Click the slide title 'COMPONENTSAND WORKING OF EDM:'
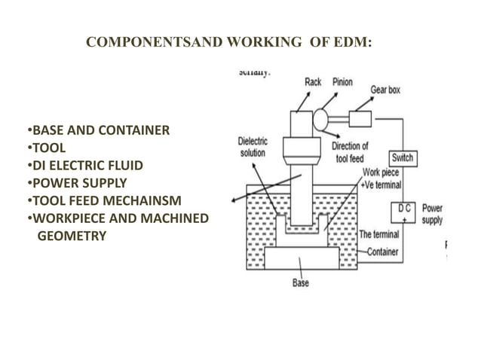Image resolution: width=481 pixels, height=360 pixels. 229,43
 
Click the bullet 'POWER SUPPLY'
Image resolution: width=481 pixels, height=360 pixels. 78,183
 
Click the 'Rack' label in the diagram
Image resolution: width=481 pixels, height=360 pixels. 313,82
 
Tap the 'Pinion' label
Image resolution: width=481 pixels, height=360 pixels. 342,82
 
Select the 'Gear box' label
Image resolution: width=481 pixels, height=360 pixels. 384,90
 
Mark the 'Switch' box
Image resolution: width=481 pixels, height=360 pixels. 402,158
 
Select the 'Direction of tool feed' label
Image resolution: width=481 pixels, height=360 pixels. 351,151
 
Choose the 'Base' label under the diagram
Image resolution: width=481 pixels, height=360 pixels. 300,283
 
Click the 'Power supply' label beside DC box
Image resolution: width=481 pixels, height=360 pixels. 432,214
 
